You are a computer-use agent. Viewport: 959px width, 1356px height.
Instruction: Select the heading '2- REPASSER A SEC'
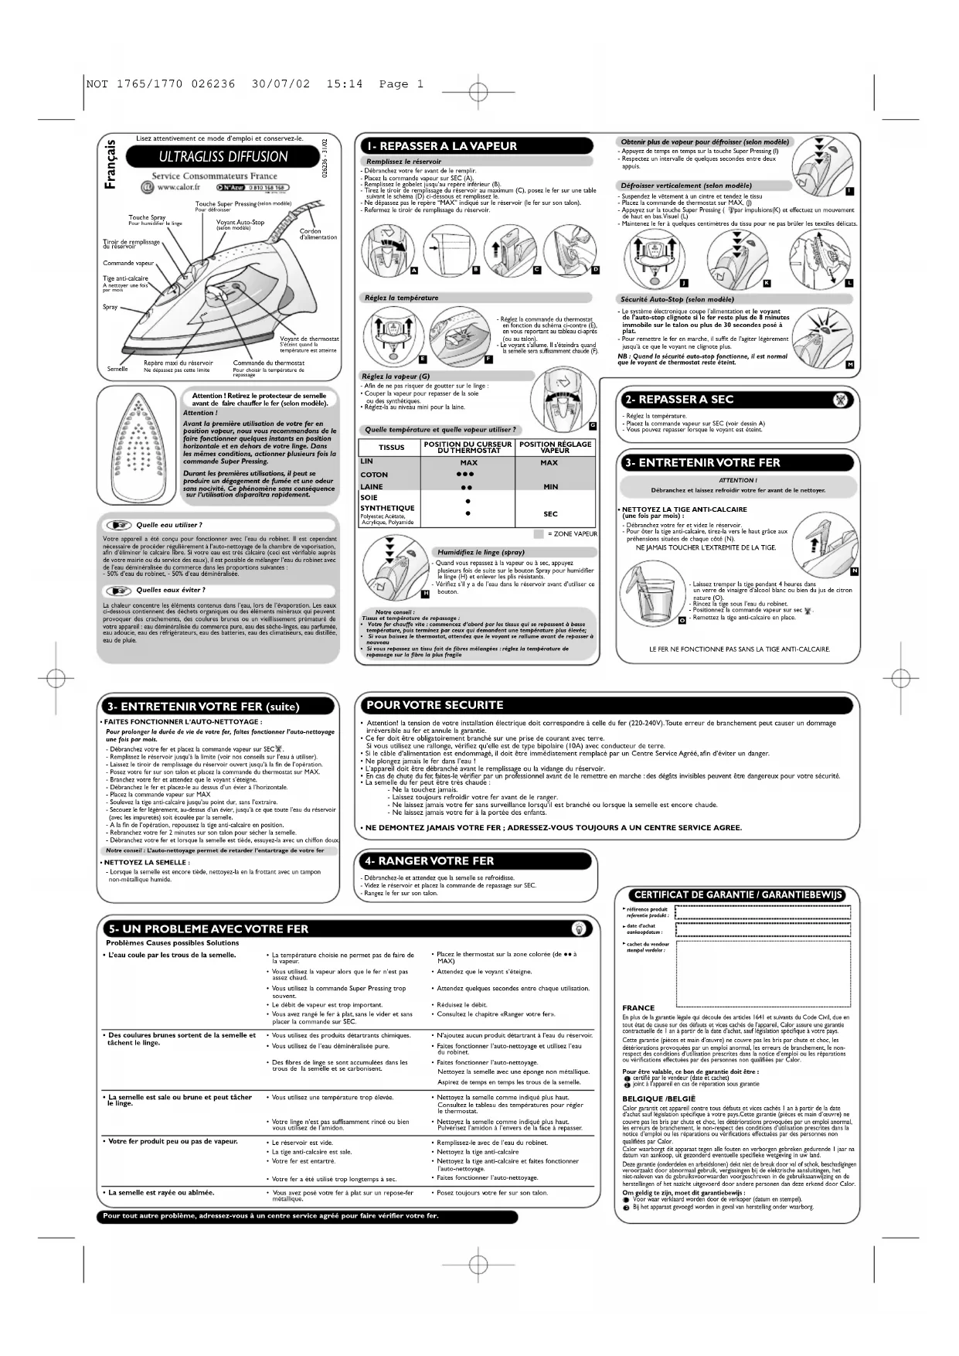tap(678, 400)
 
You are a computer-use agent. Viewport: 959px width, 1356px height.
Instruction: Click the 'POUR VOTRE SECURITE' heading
tap(435, 705)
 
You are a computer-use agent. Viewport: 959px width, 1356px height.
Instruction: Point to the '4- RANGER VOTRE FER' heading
tap(430, 861)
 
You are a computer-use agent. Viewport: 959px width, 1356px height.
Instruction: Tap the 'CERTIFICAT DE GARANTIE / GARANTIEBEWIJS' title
tap(738, 894)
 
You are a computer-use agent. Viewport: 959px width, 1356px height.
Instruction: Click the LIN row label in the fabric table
tap(367, 462)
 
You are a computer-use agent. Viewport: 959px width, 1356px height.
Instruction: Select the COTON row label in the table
tap(374, 475)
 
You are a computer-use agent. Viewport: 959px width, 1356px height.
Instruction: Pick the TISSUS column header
tap(391, 448)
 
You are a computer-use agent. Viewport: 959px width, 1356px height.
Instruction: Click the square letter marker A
tap(413, 270)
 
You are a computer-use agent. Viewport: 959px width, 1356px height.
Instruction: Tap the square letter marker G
tap(592, 425)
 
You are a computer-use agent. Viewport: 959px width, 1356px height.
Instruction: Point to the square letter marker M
tap(849, 363)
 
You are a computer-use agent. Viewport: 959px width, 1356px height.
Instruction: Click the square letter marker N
tap(853, 571)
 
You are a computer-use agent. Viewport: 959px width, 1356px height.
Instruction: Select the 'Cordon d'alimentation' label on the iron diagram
tap(318, 234)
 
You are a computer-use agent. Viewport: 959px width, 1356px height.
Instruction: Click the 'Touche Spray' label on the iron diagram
tap(147, 218)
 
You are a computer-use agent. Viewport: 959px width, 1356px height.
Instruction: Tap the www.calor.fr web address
tap(179, 187)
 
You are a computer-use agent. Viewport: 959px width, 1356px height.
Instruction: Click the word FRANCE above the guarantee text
tap(638, 1008)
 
